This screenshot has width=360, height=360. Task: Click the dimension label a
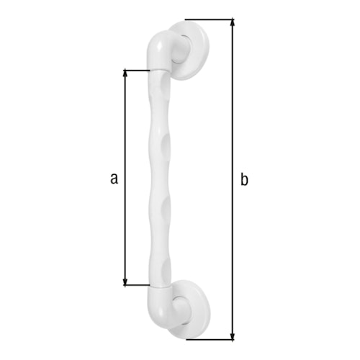click(113, 178)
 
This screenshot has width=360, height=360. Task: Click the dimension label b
click(244, 179)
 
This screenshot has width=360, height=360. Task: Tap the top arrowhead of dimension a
click(126, 73)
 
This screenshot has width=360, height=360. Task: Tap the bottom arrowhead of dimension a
click(126, 282)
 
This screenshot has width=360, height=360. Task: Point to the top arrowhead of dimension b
click(233, 23)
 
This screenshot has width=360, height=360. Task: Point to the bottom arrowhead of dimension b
click(233, 335)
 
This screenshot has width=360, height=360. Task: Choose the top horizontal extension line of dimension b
click(209, 19)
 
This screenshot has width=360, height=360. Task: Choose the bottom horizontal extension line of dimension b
click(209, 338)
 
